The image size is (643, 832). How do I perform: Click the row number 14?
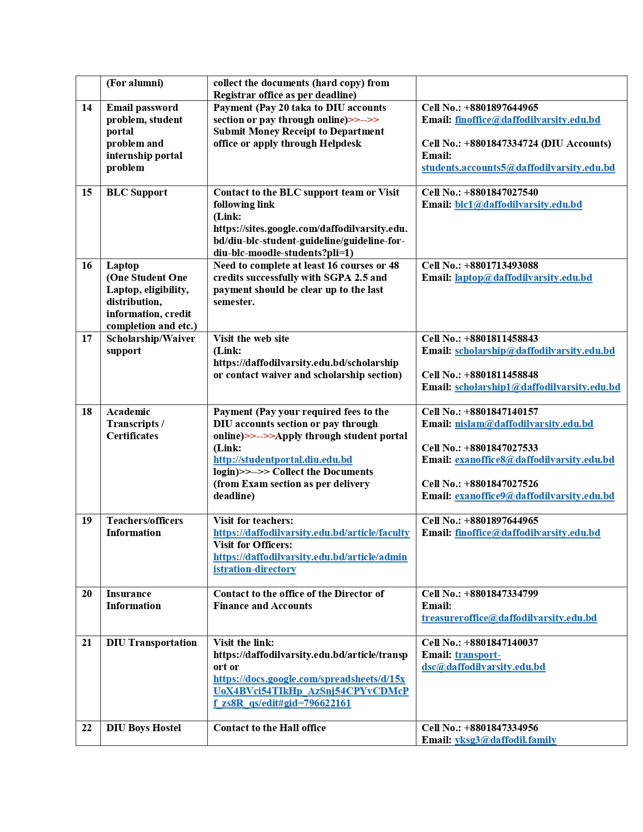(87, 108)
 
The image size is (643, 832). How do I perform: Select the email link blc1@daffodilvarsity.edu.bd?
(518, 205)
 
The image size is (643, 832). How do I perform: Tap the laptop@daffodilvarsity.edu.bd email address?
(523, 278)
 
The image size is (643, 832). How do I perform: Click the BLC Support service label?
(137, 193)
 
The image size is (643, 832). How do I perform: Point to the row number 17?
(87, 339)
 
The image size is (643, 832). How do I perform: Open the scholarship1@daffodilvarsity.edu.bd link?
(537, 387)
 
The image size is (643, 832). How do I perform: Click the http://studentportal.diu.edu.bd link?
(282, 460)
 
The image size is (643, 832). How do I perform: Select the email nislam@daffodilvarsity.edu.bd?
(523, 424)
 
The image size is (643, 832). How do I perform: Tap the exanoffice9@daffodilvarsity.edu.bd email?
(534, 496)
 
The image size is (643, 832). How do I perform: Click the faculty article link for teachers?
(311, 533)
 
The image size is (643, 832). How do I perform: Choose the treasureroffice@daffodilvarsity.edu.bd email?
(509, 618)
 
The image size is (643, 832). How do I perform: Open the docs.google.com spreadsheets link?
(311, 691)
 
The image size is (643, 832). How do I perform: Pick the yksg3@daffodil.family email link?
(505, 740)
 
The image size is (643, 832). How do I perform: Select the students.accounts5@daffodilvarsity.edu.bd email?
(518, 168)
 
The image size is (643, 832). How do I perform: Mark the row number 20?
(87, 594)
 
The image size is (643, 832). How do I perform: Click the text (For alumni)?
(135, 83)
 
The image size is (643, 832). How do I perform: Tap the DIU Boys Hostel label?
(143, 728)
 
